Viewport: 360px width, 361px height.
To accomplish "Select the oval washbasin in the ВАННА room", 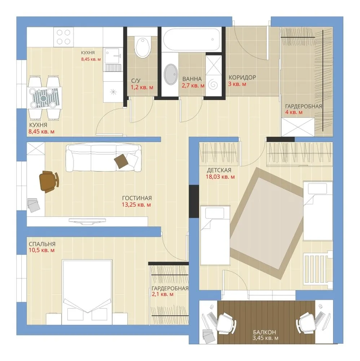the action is pyautogui.click(x=171, y=74).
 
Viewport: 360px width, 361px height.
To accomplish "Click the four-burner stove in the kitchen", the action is pyautogui.click(x=63, y=37).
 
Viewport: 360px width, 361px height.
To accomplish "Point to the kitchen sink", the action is pyautogui.click(x=113, y=56).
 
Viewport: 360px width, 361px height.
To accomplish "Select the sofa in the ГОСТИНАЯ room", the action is pyautogui.click(x=104, y=158).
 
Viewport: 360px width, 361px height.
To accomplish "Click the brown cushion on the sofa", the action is pyautogui.click(x=121, y=161).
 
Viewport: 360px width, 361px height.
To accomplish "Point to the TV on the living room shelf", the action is pyautogui.click(x=88, y=221).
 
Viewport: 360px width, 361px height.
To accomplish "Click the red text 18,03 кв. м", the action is pyautogui.click(x=220, y=177).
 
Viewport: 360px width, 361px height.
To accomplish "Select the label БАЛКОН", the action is pyautogui.click(x=264, y=332).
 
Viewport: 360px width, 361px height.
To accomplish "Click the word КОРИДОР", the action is pyautogui.click(x=242, y=77).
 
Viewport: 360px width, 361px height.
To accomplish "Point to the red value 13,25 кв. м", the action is pyautogui.click(x=136, y=205).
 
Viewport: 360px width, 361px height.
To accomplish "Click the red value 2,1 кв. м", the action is pyautogui.click(x=162, y=294).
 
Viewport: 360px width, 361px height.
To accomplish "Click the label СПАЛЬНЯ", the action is pyautogui.click(x=42, y=244).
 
